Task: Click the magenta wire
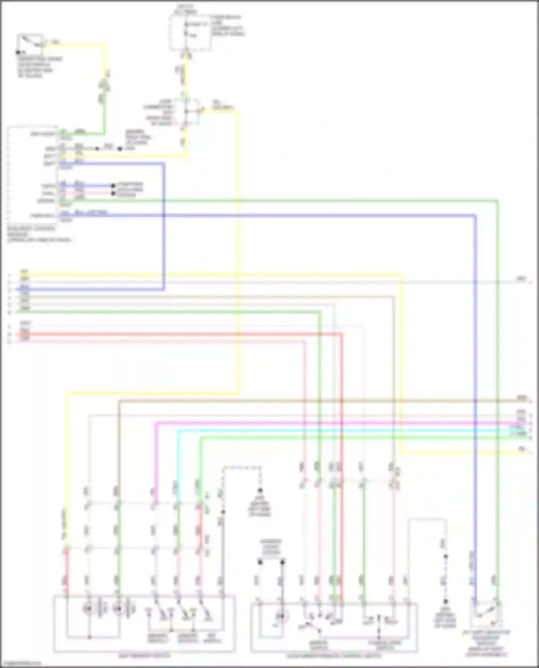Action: click(323, 423)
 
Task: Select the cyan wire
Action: click(323, 430)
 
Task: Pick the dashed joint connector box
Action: click(190, 112)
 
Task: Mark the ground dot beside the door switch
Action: click(18, 52)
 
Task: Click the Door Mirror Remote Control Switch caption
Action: click(334, 656)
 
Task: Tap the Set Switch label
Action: click(212, 639)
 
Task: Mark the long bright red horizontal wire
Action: click(180, 334)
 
